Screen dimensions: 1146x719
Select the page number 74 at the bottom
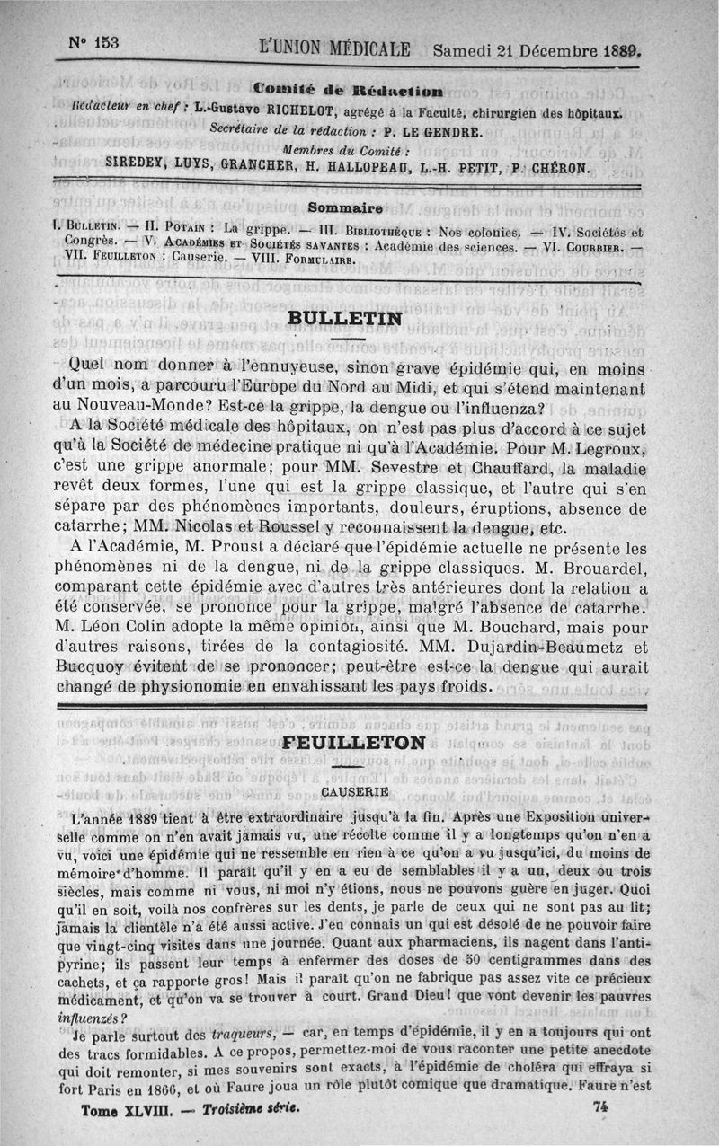(x=601, y=1107)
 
